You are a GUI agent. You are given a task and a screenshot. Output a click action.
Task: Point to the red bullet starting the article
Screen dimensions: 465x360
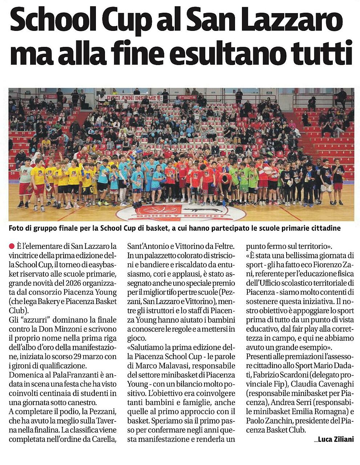[x=12, y=246]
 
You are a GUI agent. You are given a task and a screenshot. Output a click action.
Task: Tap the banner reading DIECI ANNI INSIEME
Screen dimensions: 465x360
[x=133, y=97]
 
